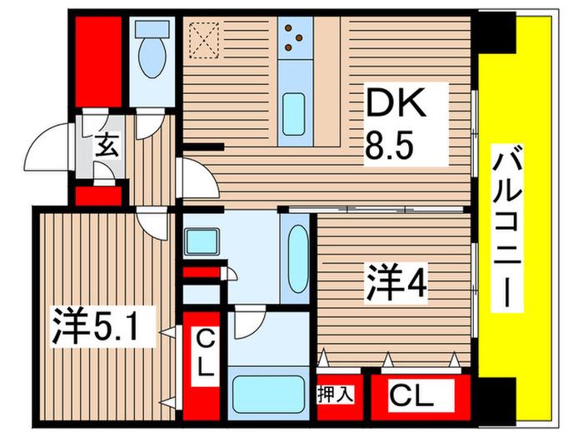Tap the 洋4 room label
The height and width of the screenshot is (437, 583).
[x=396, y=282]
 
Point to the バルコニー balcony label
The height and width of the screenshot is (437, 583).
[x=507, y=227]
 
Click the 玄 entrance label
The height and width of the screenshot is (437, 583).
[x=107, y=146]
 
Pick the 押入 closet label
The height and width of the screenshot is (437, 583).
[x=335, y=395]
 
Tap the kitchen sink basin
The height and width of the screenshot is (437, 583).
[x=293, y=114]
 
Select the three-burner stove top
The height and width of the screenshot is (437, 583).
[x=295, y=37]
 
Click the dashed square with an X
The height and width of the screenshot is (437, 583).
[x=204, y=40]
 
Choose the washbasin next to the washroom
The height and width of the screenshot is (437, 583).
[x=202, y=241]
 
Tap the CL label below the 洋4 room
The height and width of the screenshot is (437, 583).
[x=412, y=397]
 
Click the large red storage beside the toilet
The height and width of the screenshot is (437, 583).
[x=98, y=62]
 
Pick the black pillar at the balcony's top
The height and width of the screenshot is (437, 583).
[x=496, y=32]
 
